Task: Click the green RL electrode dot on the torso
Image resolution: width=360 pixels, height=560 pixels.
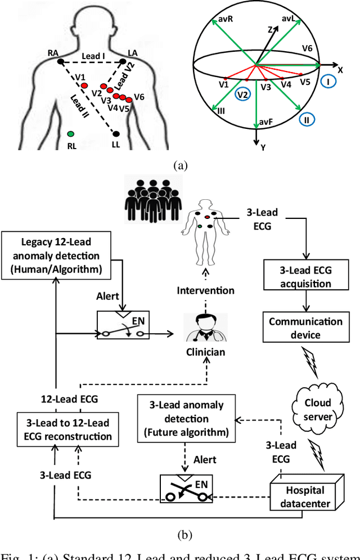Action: pos(70,134)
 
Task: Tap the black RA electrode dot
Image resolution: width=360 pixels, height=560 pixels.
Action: pos(61,62)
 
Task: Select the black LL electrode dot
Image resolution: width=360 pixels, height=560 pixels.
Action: pos(116,134)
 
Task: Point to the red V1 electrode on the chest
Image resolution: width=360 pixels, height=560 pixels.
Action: pos(84,86)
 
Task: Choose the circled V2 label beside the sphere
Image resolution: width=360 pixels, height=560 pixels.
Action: pos(242,95)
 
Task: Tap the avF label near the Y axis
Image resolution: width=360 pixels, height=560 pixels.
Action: pos(268,122)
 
